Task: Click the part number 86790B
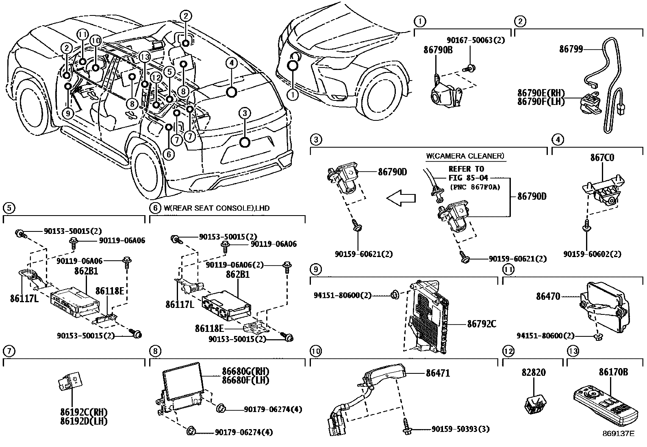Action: (438, 50)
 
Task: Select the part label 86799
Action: (571, 49)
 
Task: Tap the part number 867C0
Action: (602, 157)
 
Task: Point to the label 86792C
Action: (482, 324)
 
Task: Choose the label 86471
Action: (438, 373)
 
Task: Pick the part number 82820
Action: (534, 372)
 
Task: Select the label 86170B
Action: (613, 372)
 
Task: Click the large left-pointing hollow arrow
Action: (401, 198)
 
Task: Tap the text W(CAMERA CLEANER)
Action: (465, 156)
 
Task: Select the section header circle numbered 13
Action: (572, 351)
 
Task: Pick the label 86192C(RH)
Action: (83, 412)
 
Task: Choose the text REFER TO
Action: (466, 169)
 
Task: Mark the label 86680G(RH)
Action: (245, 371)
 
